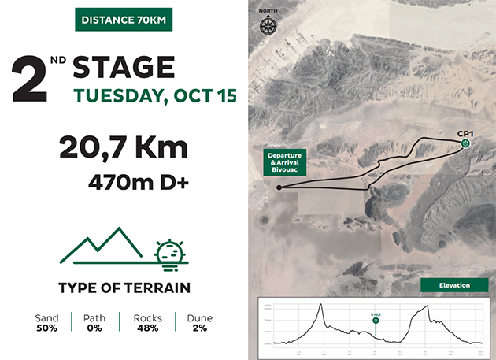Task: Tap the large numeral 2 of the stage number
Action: (x=28, y=80)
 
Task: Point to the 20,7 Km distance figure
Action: (x=124, y=148)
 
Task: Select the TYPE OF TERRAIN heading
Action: (x=124, y=288)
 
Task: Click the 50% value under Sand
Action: (x=47, y=328)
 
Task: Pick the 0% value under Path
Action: (x=94, y=328)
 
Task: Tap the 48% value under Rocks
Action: (x=147, y=328)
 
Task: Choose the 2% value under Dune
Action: (x=199, y=328)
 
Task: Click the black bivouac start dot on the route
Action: (x=279, y=187)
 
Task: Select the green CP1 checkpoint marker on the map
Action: (x=466, y=143)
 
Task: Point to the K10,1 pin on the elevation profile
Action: (x=376, y=321)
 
